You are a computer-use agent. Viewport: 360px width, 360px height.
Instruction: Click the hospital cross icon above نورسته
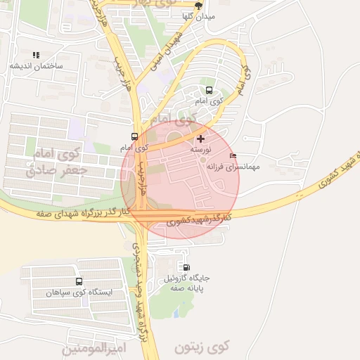pyautogui.click(x=201, y=139)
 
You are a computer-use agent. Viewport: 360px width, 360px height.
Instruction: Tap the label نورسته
pyautogui.click(x=200, y=150)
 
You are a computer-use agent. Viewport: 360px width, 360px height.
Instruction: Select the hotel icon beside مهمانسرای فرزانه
pyautogui.click(x=233, y=155)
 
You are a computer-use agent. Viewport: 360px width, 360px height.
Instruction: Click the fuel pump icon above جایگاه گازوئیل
pyautogui.click(x=186, y=266)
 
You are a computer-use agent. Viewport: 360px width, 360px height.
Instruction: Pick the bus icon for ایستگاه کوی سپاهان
pyautogui.click(x=77, y=281)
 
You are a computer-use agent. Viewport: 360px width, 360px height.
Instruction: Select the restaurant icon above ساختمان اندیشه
pyautogui.click(x=36, y=54)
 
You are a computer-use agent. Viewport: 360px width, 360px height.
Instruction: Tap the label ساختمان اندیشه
pyautogui.click(x=36, y=65)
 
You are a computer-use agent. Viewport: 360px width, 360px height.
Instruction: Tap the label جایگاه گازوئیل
pyautogui.click(x=187, y=278)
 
